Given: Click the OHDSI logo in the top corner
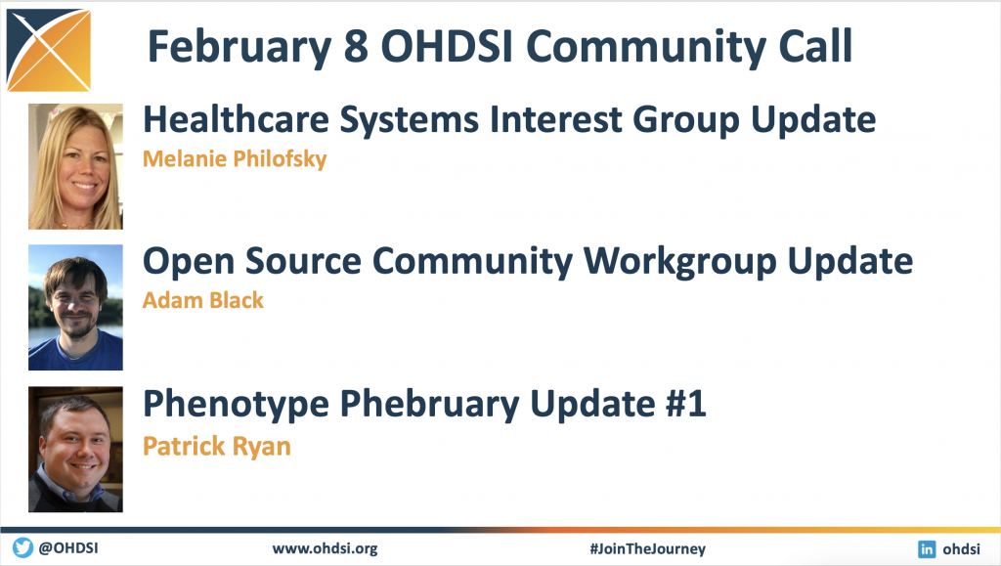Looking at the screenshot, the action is point(49,50).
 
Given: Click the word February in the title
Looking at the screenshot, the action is point(239,47).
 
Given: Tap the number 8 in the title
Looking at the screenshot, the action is point(356,47).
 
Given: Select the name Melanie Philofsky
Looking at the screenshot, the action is point(235,158).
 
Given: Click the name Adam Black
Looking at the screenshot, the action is point(203,300).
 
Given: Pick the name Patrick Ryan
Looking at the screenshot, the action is point(216,446).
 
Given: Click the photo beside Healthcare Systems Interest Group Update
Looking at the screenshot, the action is point(75,166).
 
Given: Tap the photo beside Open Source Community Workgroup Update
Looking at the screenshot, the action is point(75,308).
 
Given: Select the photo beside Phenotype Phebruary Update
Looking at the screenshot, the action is point(75,450).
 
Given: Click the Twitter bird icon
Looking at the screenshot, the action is point(23,547).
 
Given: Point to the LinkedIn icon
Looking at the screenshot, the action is point(927,548).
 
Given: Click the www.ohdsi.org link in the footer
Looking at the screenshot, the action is point(325,548).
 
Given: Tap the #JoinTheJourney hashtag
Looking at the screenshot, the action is point(647,548).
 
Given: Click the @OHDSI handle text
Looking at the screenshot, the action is point(68,548).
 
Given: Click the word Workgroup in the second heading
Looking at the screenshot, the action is point(679,262).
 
